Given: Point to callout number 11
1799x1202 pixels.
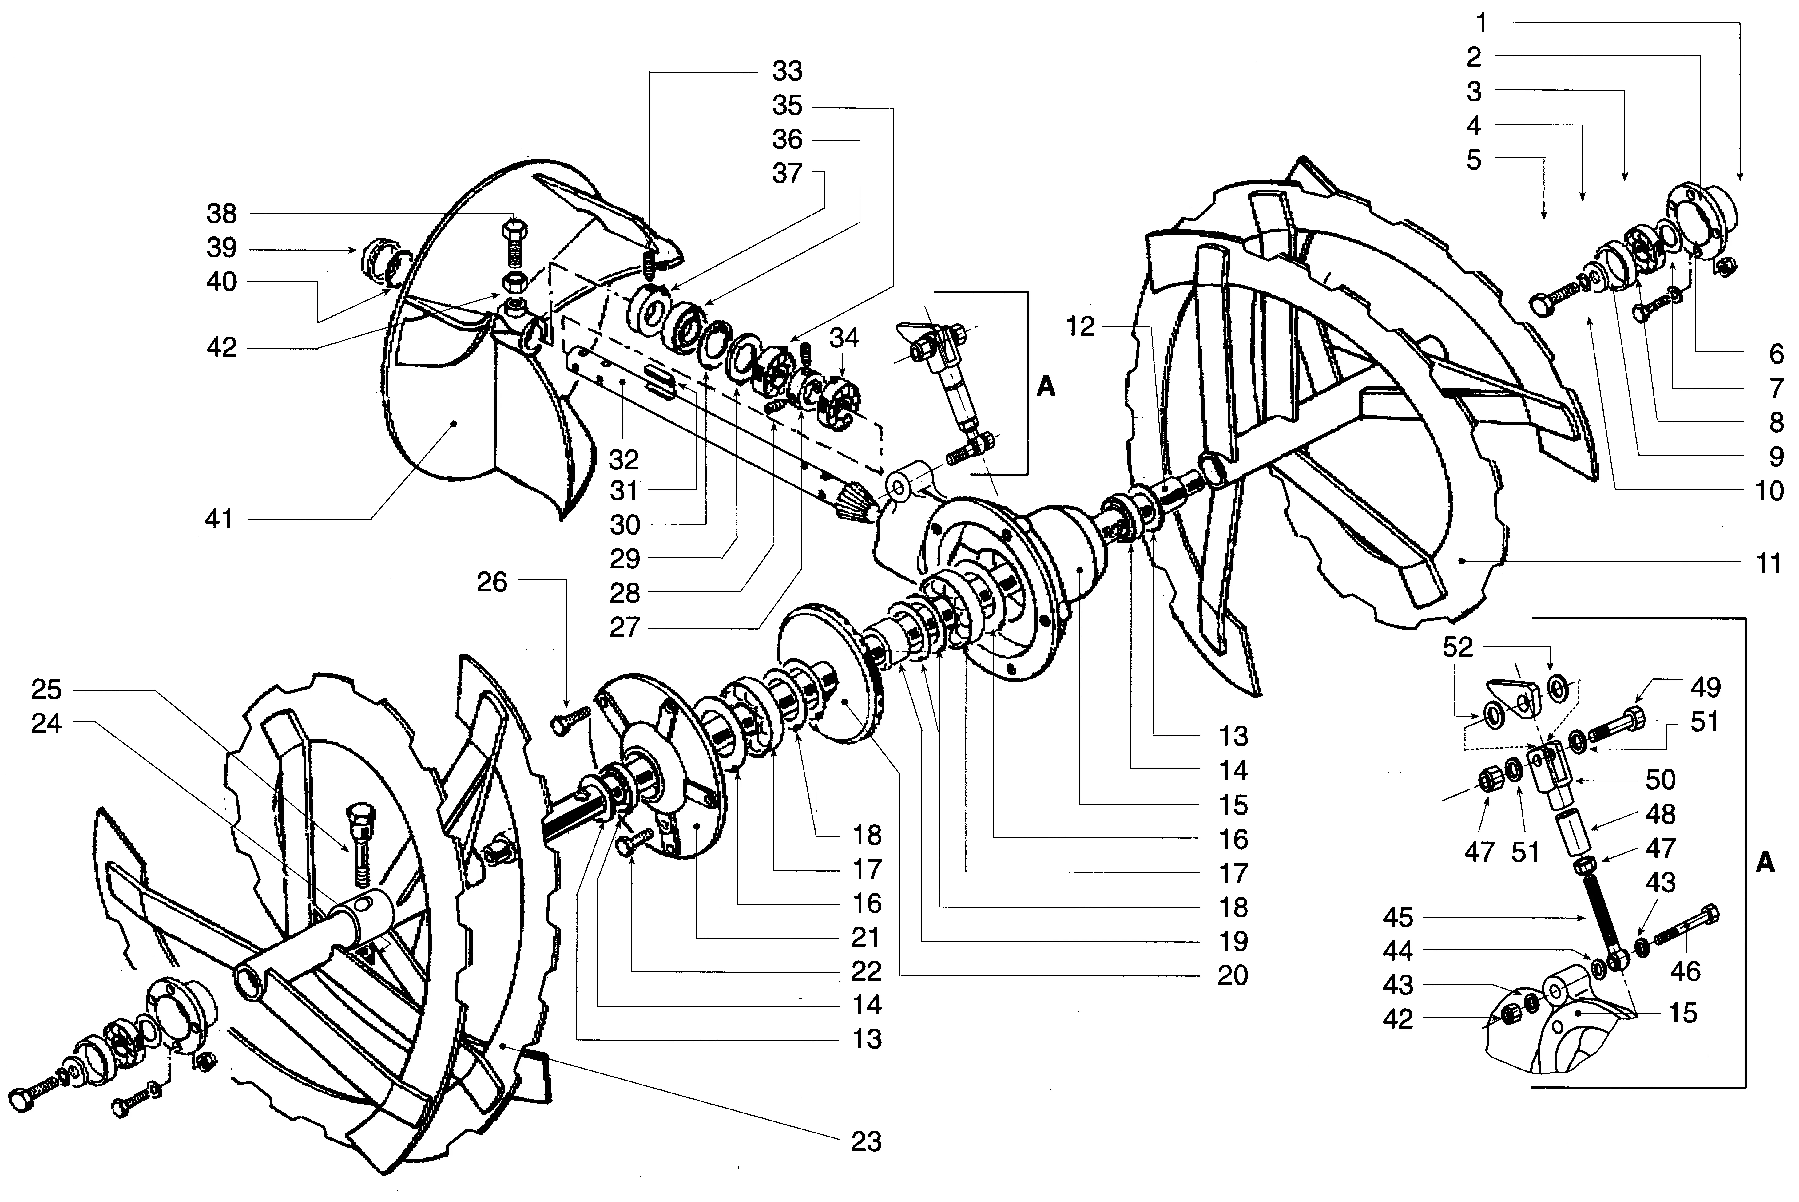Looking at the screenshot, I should (x=1769, y=563).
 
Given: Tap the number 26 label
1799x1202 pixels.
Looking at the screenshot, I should (x=491, y=583).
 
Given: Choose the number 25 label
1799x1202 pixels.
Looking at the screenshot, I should (x=46, y=689).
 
